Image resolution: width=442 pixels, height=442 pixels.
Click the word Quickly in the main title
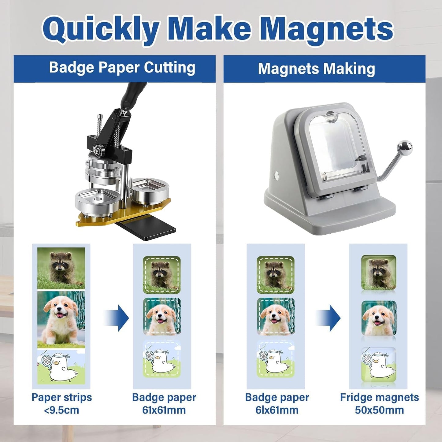click(101, 30)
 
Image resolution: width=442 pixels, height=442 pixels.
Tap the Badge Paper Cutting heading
click(122, 68)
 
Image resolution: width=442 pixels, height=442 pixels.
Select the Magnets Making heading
click(317, 69)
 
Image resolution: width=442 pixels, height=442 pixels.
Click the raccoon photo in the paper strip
click(61, 268)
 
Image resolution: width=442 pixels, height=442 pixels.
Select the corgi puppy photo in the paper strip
click(61, 320)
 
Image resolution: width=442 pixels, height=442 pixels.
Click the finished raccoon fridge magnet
click(379, 272)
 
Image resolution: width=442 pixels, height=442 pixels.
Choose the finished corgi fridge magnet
click(379, 318)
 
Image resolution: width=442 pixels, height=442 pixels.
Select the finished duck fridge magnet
click(379, 365)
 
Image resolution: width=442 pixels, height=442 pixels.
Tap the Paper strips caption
click(61, 398)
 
